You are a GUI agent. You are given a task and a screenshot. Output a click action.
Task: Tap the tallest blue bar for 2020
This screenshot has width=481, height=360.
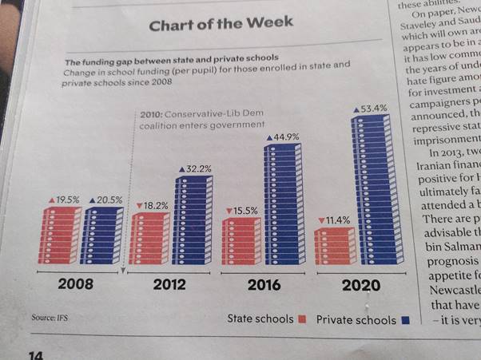tap(372, 192)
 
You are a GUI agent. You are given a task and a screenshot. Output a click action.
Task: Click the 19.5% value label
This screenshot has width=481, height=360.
tap(64, 199)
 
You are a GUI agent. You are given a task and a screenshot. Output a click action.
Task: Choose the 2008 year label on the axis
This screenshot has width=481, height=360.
tap(76, 284)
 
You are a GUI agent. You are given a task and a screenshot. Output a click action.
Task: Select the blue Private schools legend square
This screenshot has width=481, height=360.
tap(406, 320)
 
